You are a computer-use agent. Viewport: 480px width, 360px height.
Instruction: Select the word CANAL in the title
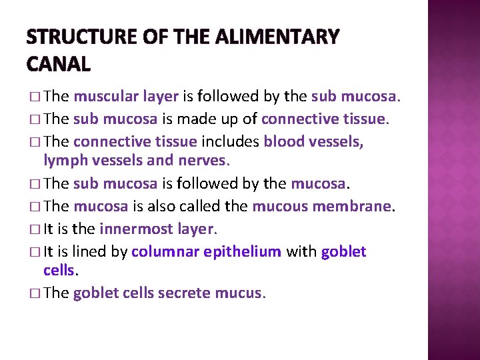59,64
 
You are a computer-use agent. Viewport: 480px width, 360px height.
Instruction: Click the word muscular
101,97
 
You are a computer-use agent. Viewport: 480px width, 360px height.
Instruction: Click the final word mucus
243,293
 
